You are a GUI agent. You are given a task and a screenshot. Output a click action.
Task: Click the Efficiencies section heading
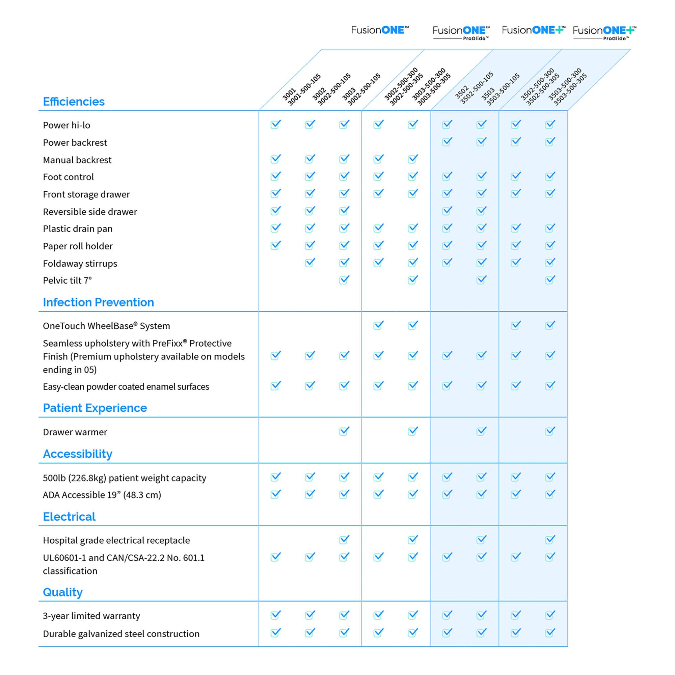tap(73, 102)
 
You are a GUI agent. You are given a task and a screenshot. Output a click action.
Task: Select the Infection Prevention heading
tap(98, 302)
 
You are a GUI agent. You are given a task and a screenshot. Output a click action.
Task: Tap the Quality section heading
tap(62, 592)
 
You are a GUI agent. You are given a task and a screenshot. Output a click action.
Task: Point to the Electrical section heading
tap(69, 517)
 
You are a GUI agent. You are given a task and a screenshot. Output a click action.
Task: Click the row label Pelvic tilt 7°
tap(67, 280)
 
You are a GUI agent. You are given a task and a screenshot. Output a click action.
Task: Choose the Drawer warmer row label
tap(75, 432)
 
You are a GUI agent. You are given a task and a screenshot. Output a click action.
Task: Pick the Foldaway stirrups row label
tap(80, 264)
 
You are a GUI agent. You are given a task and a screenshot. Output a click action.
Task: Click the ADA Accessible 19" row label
tap(102, 495)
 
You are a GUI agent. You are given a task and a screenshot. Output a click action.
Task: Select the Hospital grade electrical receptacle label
tap(116, 540)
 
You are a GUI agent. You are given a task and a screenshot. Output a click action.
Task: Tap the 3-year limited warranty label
tap(91, 616)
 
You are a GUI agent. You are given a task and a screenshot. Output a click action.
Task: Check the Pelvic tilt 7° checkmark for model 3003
tap(344, 280)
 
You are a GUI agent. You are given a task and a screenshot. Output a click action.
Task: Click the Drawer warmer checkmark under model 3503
tap(482, 431)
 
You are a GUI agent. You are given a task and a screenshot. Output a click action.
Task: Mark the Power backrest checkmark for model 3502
tap(447, 142)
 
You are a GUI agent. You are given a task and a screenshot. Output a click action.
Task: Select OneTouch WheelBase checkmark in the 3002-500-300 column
tap(378, 325)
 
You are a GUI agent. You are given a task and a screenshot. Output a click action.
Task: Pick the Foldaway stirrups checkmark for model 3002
tap(310, 262)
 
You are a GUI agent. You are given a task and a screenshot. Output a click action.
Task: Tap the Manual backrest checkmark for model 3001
tap(276, 159)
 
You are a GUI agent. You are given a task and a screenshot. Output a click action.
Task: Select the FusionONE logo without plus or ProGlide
tap(380, 30)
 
